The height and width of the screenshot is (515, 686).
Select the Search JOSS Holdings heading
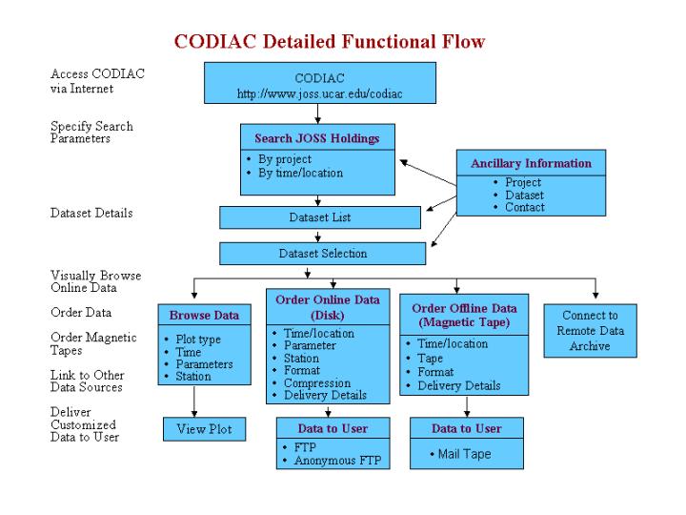(317, 138)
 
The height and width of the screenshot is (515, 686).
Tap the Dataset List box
(320, 217)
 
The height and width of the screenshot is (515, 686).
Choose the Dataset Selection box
(322, 254)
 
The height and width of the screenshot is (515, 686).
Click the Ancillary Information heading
(531, 163)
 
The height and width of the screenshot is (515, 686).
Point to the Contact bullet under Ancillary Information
(525, 207)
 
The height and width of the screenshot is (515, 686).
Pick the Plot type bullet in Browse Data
(200, 339)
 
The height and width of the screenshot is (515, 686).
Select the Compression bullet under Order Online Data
(318, 383)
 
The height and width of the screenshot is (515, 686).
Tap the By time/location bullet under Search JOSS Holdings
(300, 173)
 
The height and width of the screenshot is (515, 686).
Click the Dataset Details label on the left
(91, 214)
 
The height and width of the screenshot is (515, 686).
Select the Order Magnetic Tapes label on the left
(93, 344)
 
